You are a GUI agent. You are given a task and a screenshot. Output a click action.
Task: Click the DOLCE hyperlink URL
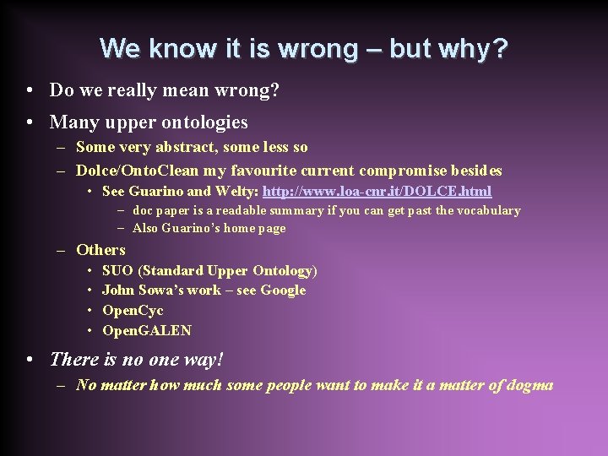[x=377, y=192]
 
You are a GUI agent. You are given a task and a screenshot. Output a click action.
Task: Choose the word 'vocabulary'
[x=486, y=210]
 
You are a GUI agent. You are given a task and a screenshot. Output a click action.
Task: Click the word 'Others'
[x=100, y=249]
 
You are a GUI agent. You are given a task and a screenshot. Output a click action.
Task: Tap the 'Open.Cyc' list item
[x=133, y=310]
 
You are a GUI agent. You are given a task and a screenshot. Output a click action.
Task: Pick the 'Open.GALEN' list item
[x=147, y=330]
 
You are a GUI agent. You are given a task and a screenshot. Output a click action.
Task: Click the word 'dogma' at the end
[x=531, y=385]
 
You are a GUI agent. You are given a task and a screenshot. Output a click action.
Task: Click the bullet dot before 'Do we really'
[x=30, y=90]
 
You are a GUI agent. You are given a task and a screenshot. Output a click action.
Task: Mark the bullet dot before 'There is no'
[x=30, y=360]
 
